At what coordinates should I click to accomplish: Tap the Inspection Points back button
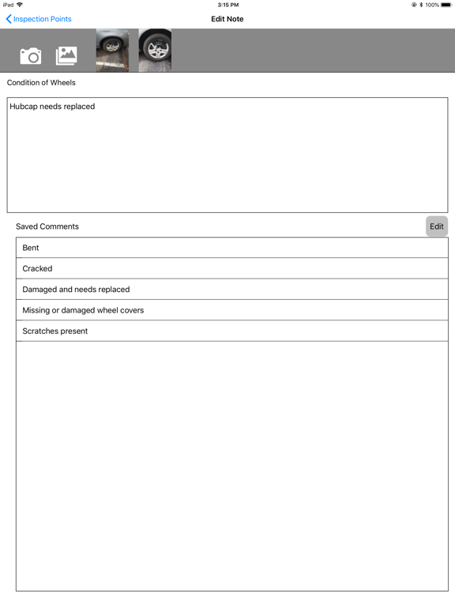[x=39, y=19]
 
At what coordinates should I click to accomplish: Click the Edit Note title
[x=227, y=19]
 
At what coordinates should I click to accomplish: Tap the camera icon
[x=31, y=55]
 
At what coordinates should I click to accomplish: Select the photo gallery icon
[x=66, y=55]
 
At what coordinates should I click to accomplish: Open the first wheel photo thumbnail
[x=112, y=50]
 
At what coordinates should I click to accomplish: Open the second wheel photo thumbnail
[x=155, y=50]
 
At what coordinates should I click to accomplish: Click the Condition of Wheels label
[x=41, y=83]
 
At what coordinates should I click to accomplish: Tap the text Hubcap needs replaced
[x=52, y=107]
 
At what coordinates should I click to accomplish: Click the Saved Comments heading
[x=47, y=226]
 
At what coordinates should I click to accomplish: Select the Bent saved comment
[x=31, y=248]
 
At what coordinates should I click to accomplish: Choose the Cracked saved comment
[x=37, y=268]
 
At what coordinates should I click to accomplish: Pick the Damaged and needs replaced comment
[x=76, y=290]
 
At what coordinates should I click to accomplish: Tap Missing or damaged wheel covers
[x=83, y=310]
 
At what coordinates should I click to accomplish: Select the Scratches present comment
[x=55, y=331]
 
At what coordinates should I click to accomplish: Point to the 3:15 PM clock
[x=227, y=5]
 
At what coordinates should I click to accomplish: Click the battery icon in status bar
[x=446, y=5]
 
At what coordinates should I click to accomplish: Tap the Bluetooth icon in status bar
[x=421, y=5]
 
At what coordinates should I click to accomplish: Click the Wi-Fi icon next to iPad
[x=20, y=5]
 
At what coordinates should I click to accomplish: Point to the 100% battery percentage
[x=432, y=5]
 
